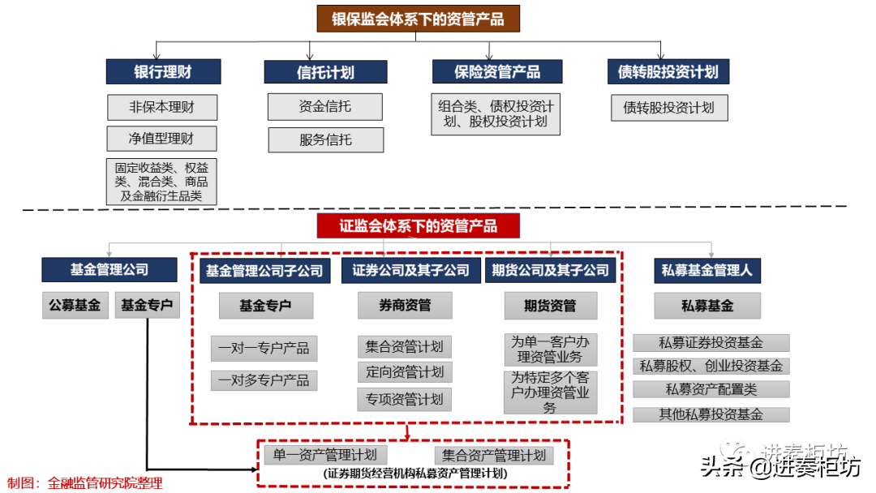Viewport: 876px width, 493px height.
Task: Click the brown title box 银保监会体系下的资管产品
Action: pos(418,19)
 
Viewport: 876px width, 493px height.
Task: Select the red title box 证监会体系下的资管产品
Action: pos(418,225)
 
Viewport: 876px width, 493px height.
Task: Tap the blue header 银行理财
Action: pos(163,71)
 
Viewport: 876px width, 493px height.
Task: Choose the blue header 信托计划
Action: pos(325,71)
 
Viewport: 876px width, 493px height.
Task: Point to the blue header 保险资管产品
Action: pos(497,71)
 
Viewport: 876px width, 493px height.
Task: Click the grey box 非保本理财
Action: pos(162,106)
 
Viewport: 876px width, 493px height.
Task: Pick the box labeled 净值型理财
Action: pos(161,139)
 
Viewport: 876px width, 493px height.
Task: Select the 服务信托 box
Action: pos(325,139)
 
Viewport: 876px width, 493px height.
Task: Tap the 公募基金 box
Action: pos(75,306)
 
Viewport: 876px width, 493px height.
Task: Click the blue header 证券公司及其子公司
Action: pos(410,270)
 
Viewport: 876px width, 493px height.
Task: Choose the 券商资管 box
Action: pos(405,306)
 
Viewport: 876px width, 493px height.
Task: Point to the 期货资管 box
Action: pos(550,306)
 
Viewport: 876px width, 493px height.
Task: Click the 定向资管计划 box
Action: pos(404,372)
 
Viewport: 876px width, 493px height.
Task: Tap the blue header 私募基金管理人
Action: pos(706,270)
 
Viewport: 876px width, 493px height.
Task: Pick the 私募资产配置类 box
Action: pos(711,389)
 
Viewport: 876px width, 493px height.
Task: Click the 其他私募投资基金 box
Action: pos(711,414)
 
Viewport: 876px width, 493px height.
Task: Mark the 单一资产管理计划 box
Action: pos(325,455)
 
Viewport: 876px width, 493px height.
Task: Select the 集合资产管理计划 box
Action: pos(493,455)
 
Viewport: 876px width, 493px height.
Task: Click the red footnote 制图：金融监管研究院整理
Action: pos(85,483)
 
